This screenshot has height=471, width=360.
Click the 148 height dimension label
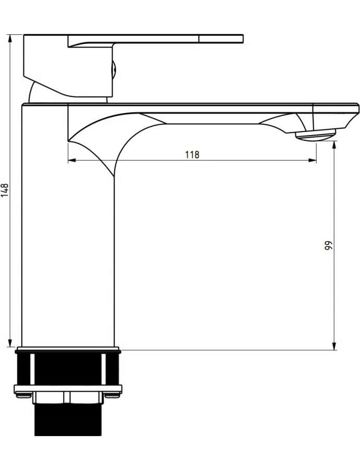tap(5, 190)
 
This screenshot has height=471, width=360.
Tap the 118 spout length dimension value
tap(192, 155)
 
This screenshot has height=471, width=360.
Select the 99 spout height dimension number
tap(329, 246)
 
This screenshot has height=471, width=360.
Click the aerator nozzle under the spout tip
tap(316, 135)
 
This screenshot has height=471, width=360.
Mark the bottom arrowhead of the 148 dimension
tap(10, 344)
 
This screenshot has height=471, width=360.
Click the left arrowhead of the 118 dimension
tap(72, 161)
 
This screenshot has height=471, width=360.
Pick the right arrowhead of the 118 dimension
tap(312, 161)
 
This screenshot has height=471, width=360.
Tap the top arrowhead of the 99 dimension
tap(334, 146)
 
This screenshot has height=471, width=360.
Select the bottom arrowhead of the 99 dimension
tap(334, 346)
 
